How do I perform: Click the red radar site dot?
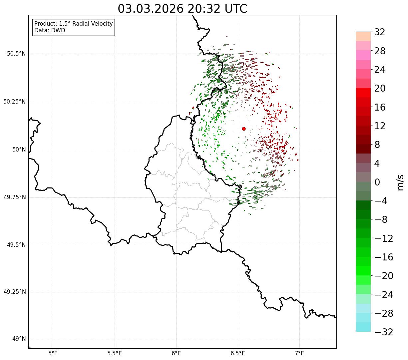244,129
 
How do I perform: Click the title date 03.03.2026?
151,9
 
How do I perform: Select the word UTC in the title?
235,9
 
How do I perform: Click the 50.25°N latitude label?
14,102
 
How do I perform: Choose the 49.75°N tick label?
14,197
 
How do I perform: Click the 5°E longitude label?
53,353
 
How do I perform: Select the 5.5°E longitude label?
115,353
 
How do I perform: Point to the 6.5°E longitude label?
238,353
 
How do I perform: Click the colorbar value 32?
380,32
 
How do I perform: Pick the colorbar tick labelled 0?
377,182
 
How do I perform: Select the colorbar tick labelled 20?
380,88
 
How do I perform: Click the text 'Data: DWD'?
50,30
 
